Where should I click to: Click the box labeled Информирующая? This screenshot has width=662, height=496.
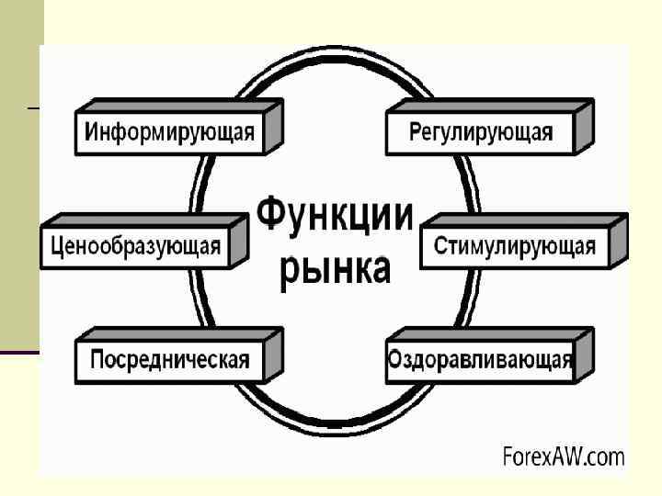168,132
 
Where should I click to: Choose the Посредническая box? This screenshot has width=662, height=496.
169,359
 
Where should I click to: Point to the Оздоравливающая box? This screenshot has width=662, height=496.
480,359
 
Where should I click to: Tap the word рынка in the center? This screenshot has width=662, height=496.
334,269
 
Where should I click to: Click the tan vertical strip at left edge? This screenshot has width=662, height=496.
20,184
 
